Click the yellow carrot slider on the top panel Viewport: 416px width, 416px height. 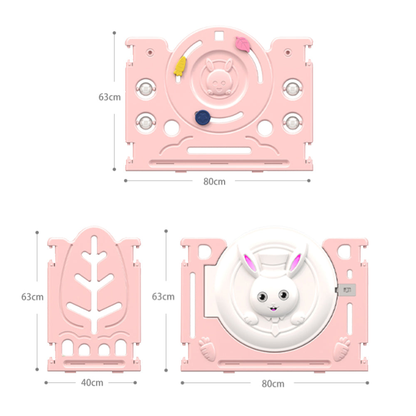coord(180,66)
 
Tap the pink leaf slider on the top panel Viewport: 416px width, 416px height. coord(243,44)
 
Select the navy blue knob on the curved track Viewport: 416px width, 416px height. coord(203,117)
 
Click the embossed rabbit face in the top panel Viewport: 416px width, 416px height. coord(219,78)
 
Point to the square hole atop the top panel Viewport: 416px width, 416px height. coord(219,35)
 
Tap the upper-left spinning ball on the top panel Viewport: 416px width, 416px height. coord(146,89)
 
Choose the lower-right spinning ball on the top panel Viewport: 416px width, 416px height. coord(292,123)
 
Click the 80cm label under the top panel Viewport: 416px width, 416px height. coord(214,181)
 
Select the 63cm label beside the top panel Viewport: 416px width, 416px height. coord(109,97)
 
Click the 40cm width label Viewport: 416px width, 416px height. coord(92,383)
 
